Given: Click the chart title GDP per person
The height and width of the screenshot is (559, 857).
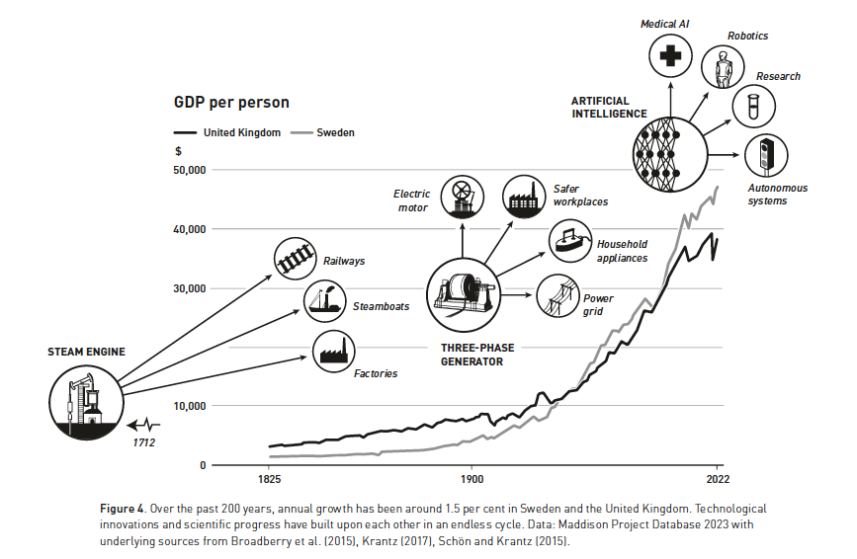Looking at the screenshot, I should click(x=231, y=103).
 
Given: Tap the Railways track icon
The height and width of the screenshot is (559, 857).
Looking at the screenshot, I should click(x=295, y=259).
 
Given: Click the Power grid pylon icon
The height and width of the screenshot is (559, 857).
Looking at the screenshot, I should click(x=557, y=296).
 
